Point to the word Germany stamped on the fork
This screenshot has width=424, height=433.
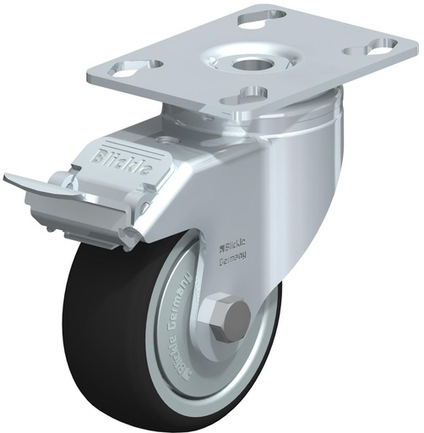coord(233,261)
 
